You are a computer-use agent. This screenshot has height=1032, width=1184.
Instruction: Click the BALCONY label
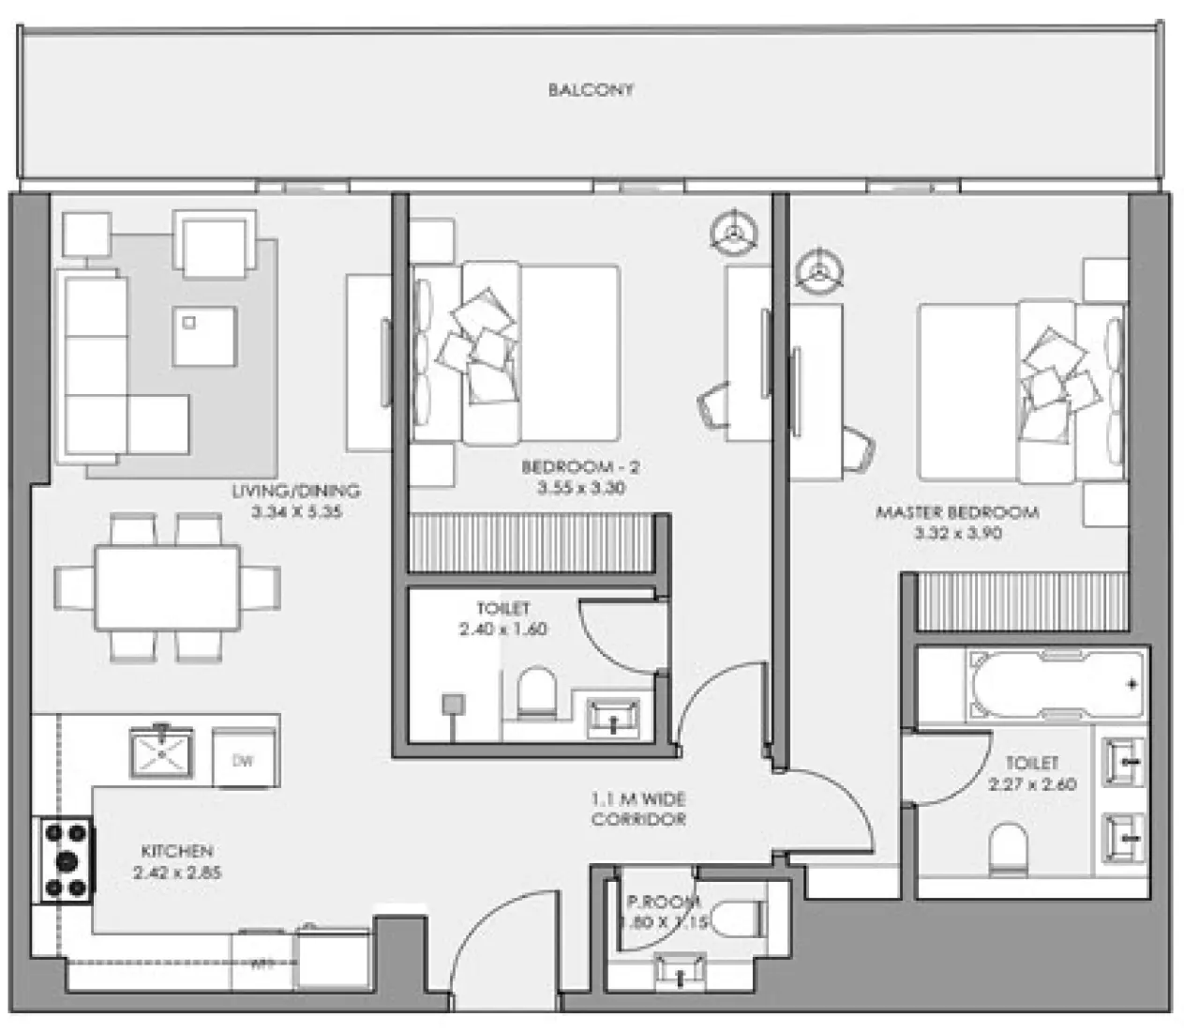[x=591, y=90]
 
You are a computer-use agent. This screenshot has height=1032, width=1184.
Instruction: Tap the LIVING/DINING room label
[x=296, y=491]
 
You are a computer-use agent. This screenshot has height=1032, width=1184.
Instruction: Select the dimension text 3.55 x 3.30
[x=581, y=488]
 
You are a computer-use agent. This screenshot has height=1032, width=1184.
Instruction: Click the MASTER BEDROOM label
[x=956, y=512]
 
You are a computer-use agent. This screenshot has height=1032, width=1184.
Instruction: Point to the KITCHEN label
[x=177, y=851]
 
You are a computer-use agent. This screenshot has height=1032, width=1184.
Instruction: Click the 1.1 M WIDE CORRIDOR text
[x=637, y=810]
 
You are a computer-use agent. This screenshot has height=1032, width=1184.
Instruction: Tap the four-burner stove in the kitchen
[x=66, y=860]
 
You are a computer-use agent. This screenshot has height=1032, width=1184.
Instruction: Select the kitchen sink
[x=161, y=751]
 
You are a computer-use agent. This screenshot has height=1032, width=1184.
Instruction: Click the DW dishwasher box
[x=245, y=758]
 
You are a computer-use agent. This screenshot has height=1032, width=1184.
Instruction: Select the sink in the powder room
[x=679, y=970]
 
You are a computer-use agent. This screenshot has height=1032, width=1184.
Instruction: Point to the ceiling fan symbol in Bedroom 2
[x=734, y=230]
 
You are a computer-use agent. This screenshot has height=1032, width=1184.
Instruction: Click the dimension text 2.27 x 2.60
[x=1032, y=784]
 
